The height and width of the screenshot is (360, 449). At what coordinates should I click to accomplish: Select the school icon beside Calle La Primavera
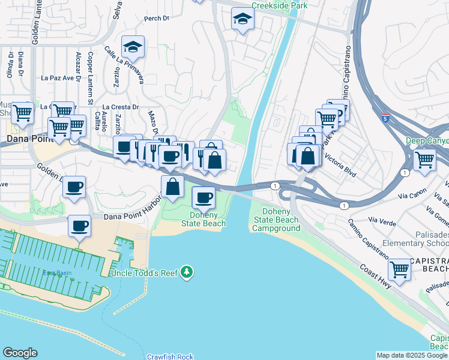[133, 47]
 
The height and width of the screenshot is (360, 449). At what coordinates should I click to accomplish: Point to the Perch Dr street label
[157, 19]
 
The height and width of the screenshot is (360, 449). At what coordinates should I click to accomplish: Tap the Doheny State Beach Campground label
[276, 220]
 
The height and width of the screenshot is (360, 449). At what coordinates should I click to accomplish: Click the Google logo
[20, 353]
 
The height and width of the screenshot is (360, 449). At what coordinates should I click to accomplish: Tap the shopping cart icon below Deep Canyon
[424, 160]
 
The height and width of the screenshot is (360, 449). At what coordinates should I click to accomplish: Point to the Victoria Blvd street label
[340, 167]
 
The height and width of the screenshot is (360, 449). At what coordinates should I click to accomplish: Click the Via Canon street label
[412, 196]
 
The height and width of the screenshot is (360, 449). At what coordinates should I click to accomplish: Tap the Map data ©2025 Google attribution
[412, 355]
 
